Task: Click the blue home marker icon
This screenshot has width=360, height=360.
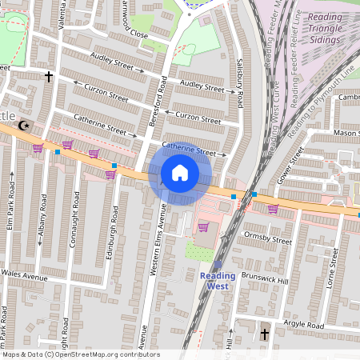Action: click(x=180, y=173)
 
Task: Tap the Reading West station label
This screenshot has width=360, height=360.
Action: click(x=218, y=280)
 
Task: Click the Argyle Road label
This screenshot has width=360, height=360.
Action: click(x=304, y=326)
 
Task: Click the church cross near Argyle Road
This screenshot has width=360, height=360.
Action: click(x=265, y=333)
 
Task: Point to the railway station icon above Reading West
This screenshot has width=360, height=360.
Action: click(x=218, y=264)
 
